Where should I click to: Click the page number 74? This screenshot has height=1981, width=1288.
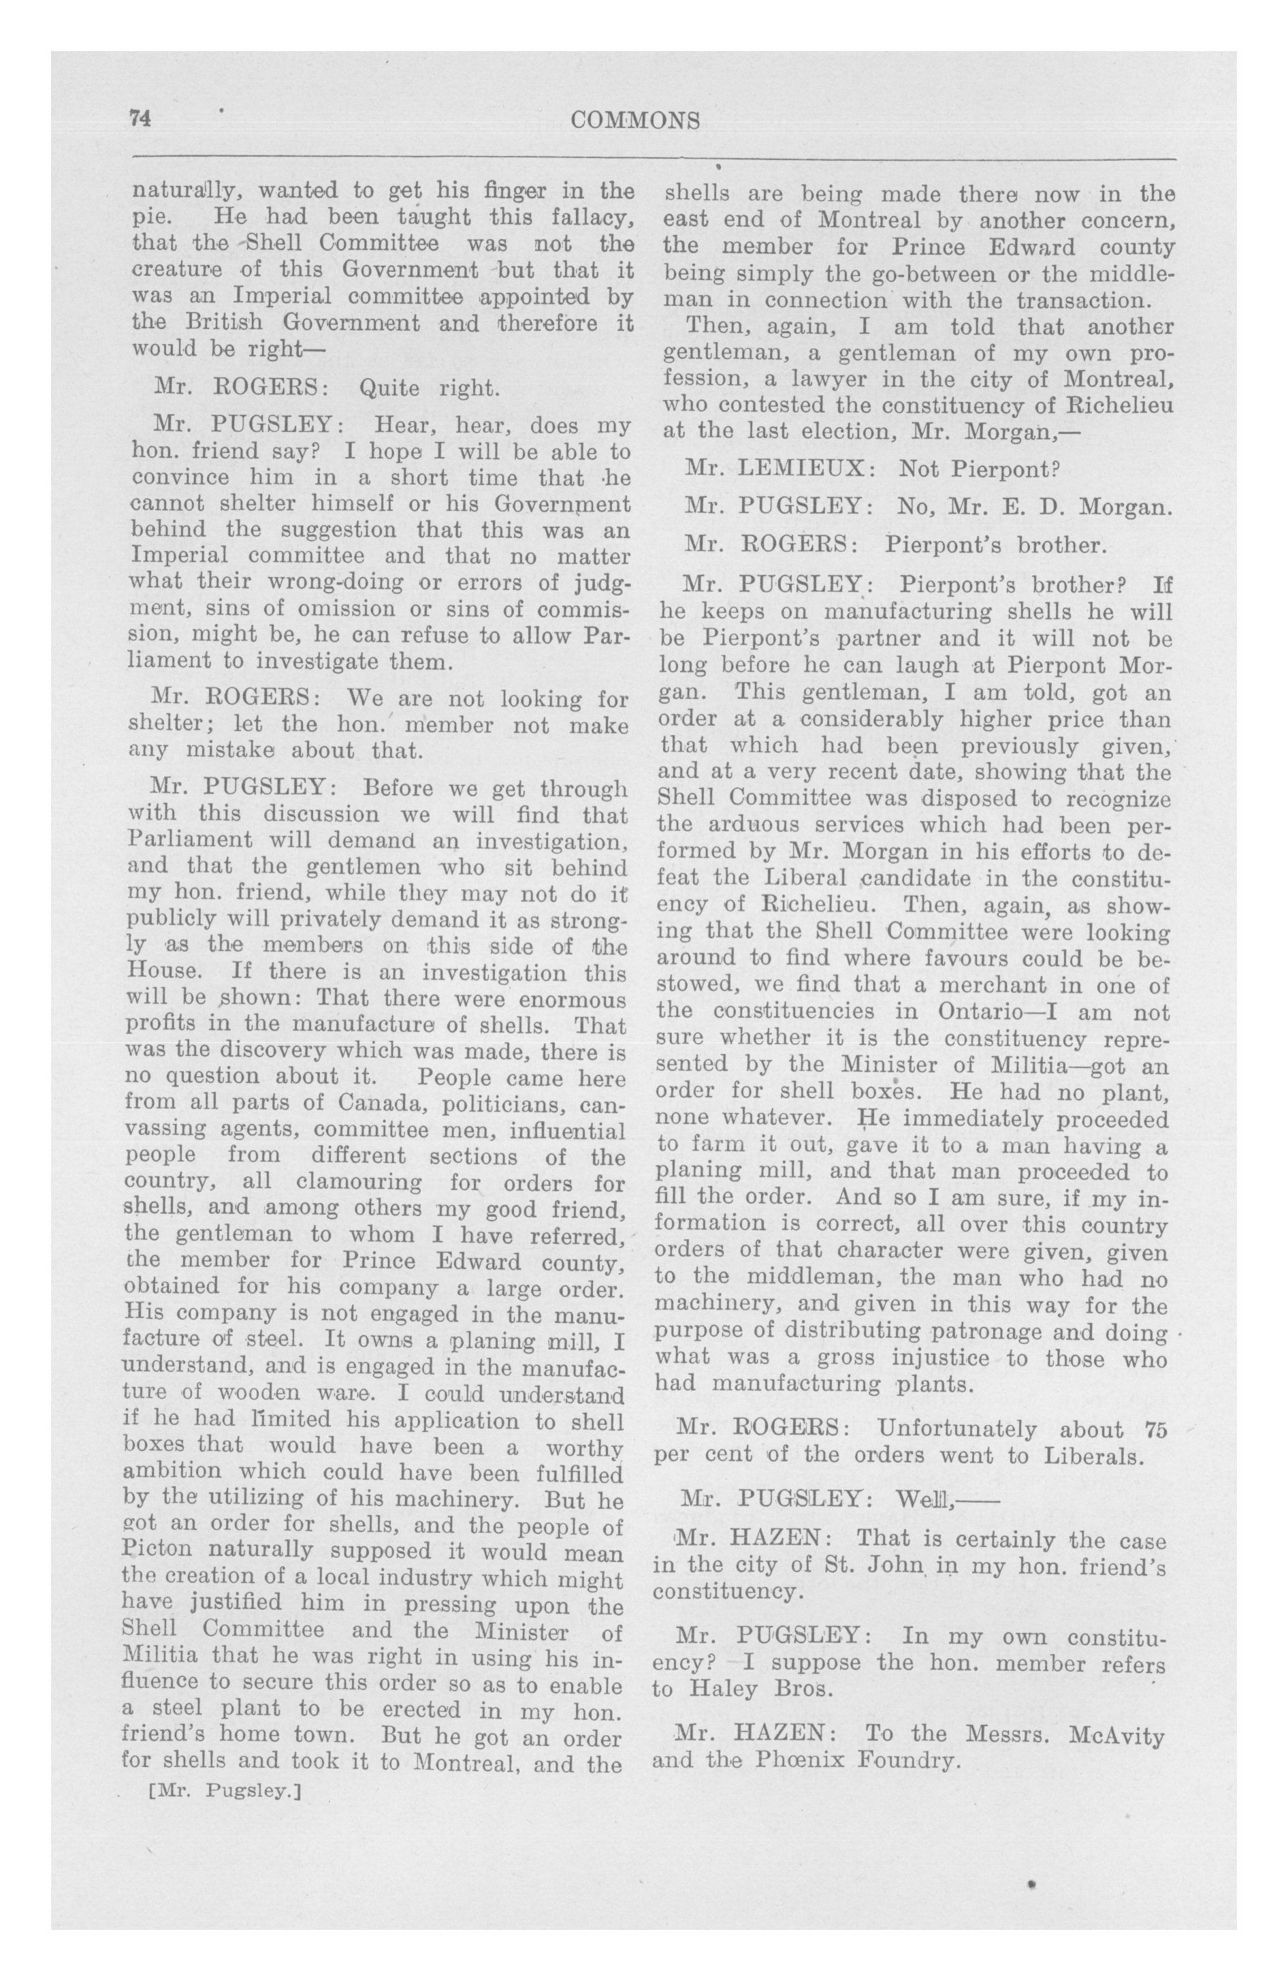(138, 119)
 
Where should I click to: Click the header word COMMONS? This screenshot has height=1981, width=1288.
(636, 121)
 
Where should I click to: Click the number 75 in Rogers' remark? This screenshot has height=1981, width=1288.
(1156, 1430)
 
